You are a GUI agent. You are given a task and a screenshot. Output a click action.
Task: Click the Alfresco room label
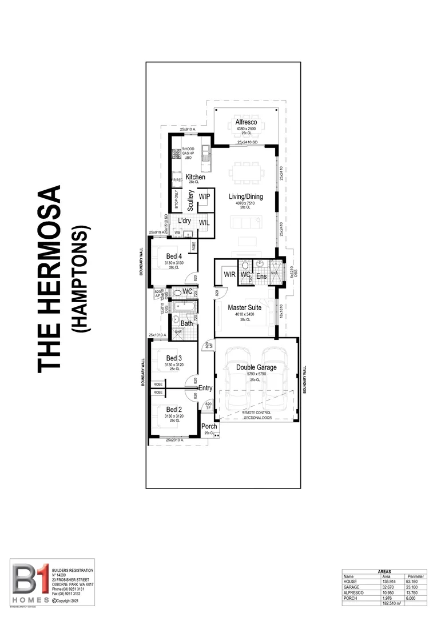click(x=247, y=122)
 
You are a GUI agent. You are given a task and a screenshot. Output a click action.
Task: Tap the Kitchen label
click(x=195, y=177)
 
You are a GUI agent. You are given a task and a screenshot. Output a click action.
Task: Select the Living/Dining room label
click(x=246, y=197)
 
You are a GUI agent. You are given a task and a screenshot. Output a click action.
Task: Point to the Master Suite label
click(x=245, y=307)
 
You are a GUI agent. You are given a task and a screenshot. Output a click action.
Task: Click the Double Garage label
click(x=256, y=367)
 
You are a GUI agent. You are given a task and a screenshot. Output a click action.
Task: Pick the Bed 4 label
click(x=174, y=256)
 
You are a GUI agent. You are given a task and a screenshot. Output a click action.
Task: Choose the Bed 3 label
click(x=174, y=358)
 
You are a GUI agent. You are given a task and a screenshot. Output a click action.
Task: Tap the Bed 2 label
click(x=174, y=410)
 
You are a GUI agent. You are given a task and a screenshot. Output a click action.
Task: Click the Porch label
click(x=209, y=426)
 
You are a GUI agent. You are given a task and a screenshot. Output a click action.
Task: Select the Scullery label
click(x=190, y=201)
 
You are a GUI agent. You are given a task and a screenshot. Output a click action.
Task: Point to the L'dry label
click(x=184, y=221)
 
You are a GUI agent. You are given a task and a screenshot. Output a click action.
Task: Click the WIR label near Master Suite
click(x=230, y=275)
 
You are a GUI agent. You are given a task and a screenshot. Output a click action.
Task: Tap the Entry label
click(x=205, y=388)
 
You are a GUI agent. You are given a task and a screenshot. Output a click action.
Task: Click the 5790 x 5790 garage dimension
click(x=256, y=375)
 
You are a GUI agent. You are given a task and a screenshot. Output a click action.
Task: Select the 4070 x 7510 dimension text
click(x=246, y=204)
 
